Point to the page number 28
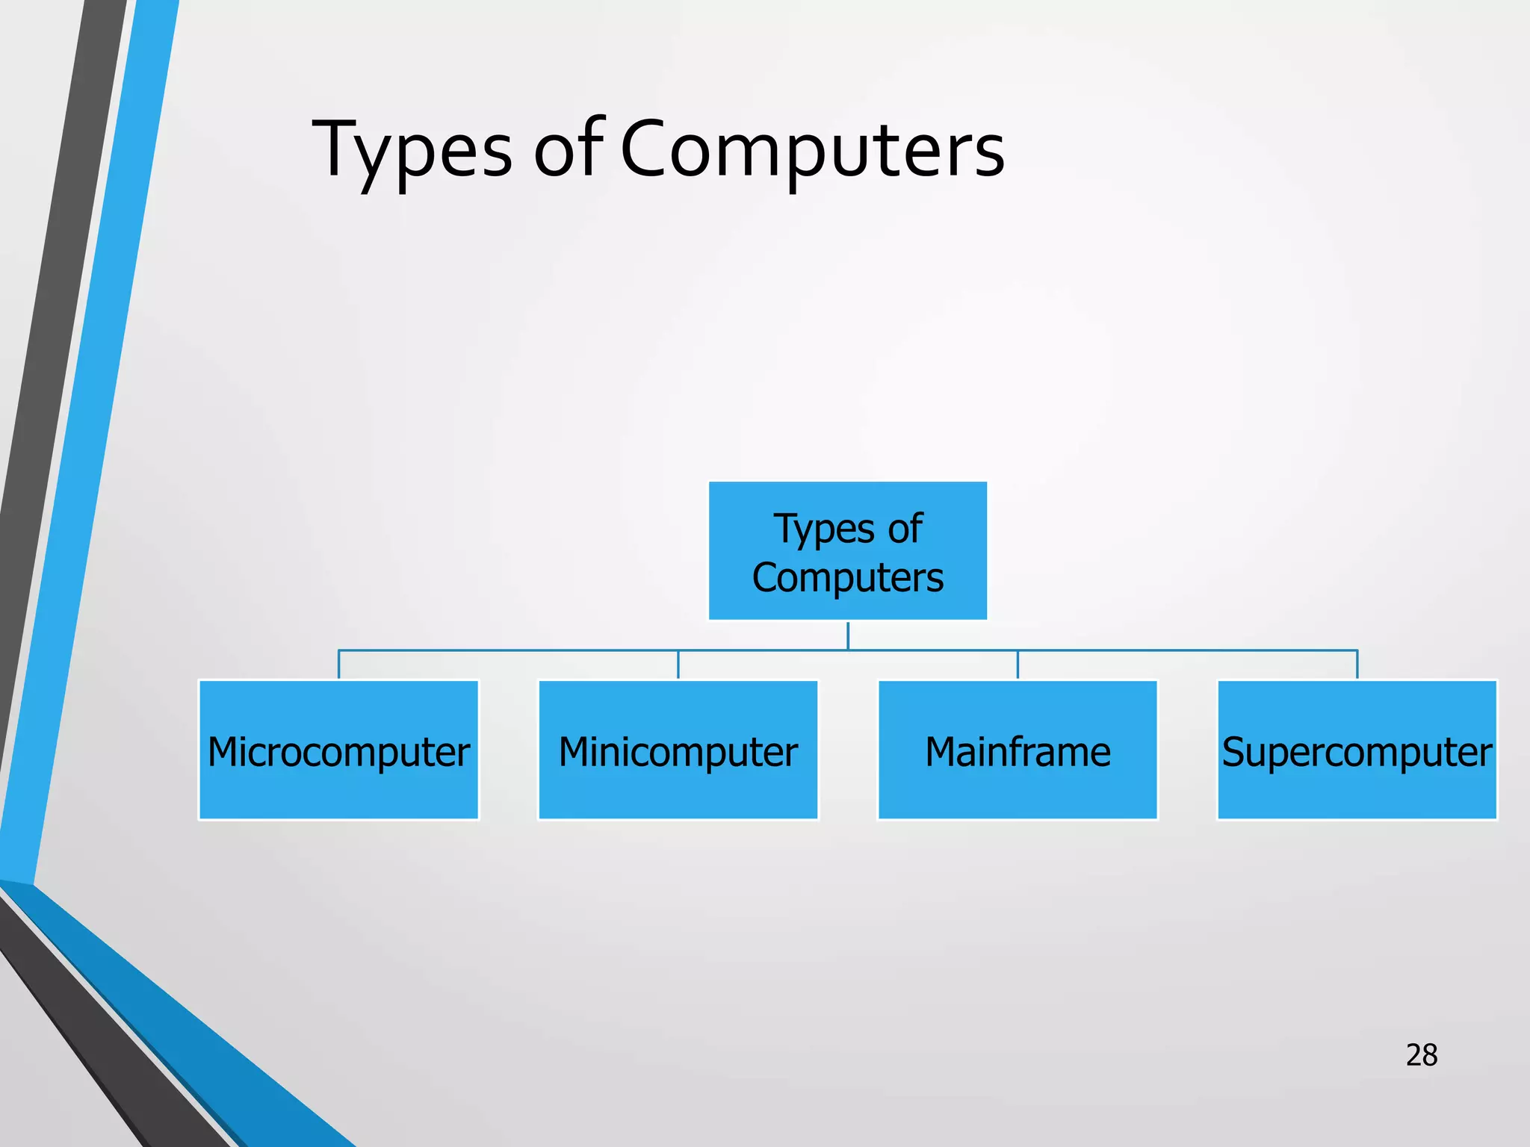point(1421,1055)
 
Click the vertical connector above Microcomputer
point(339,665)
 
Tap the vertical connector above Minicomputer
point(678,665)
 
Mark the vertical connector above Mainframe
point(1018,665)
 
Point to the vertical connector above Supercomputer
point(1357,665)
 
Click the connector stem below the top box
point(848,635)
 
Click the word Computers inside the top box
point(848,578)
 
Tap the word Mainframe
point(1018,752)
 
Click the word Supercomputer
point(1357,753)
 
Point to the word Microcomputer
point(338,753)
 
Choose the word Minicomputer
point(678,753)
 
